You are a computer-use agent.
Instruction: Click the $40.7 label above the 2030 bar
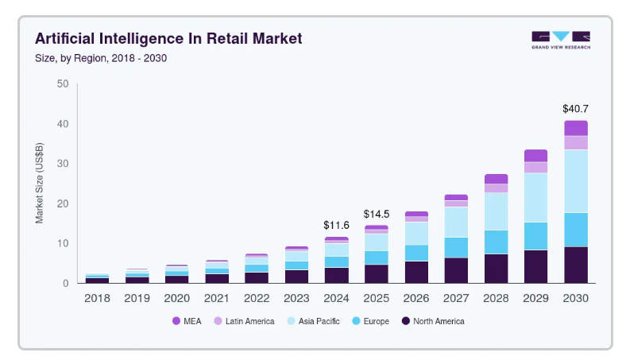pos(575,108)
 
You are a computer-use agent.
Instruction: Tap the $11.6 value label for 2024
pos(336,226)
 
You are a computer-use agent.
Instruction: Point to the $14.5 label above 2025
pos(377,215)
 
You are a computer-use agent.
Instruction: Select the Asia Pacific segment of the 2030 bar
pos(575,181)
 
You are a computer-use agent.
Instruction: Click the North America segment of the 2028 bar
pos(496,268)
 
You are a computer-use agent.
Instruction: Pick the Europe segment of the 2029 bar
pos(535,236)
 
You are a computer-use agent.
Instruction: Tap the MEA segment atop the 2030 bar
pos(575,128)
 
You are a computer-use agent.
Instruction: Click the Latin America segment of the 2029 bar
pos(535,167)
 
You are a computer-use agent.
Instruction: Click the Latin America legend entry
pos(243,321)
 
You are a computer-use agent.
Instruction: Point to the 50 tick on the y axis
pos(63,84)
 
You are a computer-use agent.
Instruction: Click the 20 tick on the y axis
pos(63,203)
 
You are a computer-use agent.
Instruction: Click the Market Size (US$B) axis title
pos(40,184)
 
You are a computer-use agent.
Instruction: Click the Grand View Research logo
pos(561,40)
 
